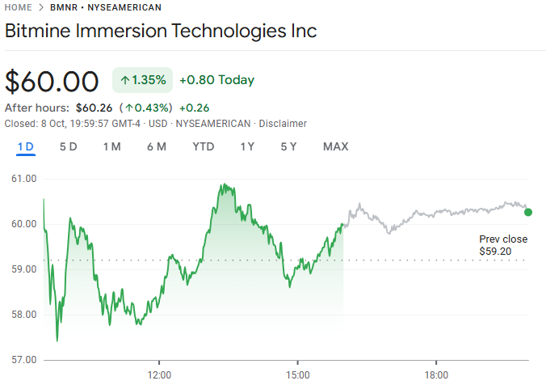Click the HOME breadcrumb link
19,7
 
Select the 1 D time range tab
26,146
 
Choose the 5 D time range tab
69,146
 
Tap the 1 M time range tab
111,146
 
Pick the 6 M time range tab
157,146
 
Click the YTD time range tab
204,146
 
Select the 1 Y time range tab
247,146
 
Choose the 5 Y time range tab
288,146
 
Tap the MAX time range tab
335,146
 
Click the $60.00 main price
52,82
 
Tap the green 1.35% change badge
142,80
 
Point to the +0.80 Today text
216,80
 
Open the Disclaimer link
281,123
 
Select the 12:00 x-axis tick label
160,374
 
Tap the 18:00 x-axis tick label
436,374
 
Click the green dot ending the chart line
528,212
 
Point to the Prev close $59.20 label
502,245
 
